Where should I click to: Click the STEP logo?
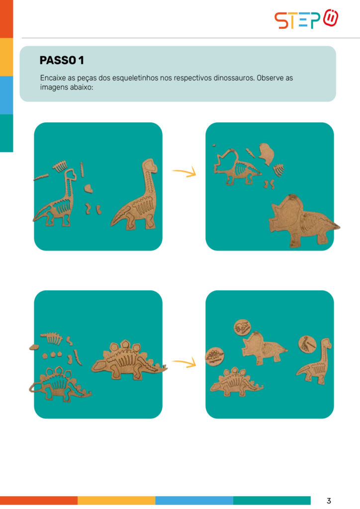pos(306,19)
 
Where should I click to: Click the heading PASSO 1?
pos(62,60)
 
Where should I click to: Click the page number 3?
pos(329,501)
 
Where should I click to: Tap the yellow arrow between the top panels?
pos(184,172)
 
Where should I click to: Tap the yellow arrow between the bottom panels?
pos(184,362)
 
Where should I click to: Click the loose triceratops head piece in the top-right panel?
pos(267,154)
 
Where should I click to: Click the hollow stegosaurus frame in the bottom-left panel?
pos(60,385)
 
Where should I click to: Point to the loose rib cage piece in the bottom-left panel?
pos(52,338)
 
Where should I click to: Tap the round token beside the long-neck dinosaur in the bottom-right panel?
pos(307,344)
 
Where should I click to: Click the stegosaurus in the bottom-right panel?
pos(236,383)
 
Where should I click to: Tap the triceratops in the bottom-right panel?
pos(263,349)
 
